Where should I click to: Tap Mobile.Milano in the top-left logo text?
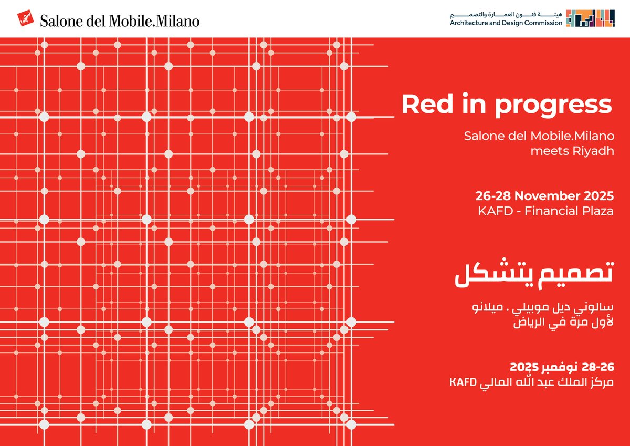click(x=155, y=21)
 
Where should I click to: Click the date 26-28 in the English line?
click(x=493, y=196)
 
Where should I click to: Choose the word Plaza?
click(x=597, y=212)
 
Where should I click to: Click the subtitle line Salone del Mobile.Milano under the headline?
click(x=539, y=136)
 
